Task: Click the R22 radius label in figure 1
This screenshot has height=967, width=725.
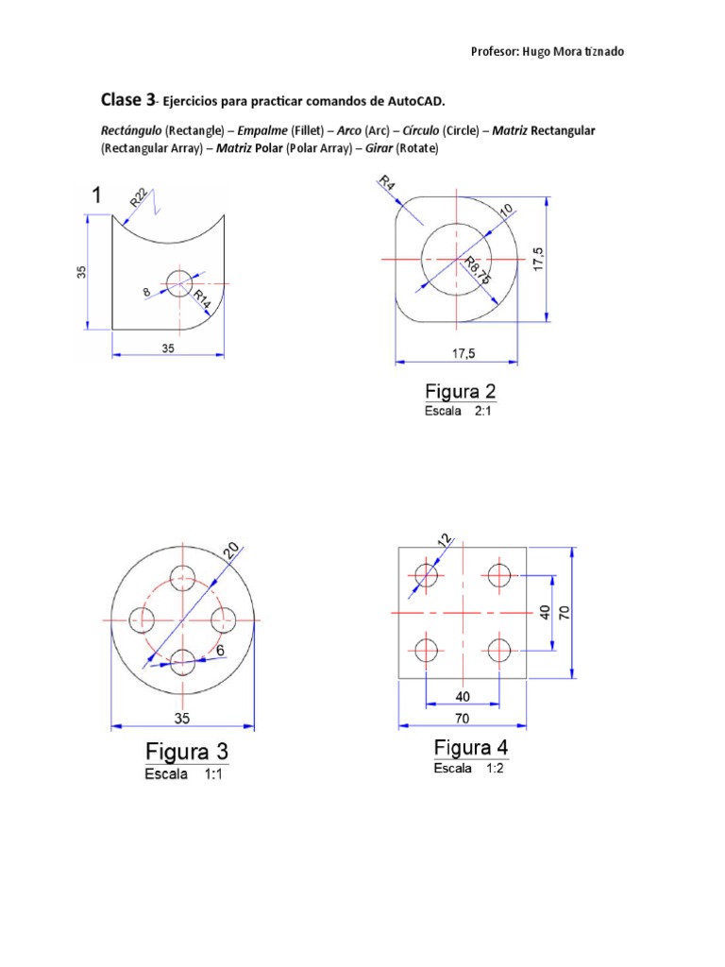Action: (139, 198)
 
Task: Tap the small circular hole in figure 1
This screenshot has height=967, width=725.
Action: (179, 282)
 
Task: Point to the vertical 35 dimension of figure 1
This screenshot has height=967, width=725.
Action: (82, 271)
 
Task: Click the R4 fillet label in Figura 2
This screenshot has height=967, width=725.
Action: (387, 184)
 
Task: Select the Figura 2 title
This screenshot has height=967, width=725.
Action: (460, 391)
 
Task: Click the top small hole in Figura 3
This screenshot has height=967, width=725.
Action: (182, 578)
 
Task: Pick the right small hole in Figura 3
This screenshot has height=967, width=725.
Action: (224, 619)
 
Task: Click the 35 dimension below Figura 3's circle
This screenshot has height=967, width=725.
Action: (181, 718)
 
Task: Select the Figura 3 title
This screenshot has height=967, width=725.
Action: (186, 753)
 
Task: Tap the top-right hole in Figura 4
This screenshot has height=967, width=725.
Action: (499, 573)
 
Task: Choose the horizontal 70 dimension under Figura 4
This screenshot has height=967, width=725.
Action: (463, 718)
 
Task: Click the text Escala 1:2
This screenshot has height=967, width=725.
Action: (471, 769)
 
